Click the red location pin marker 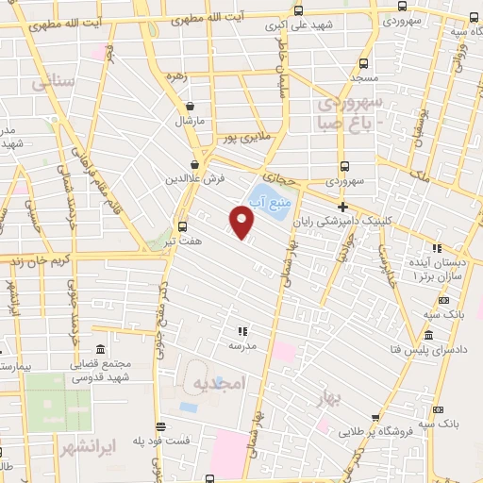coord(242,222)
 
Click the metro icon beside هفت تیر coord(183,226)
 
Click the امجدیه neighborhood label coord(219,384)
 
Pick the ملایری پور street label coord(242,139)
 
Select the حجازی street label coord(279,175)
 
